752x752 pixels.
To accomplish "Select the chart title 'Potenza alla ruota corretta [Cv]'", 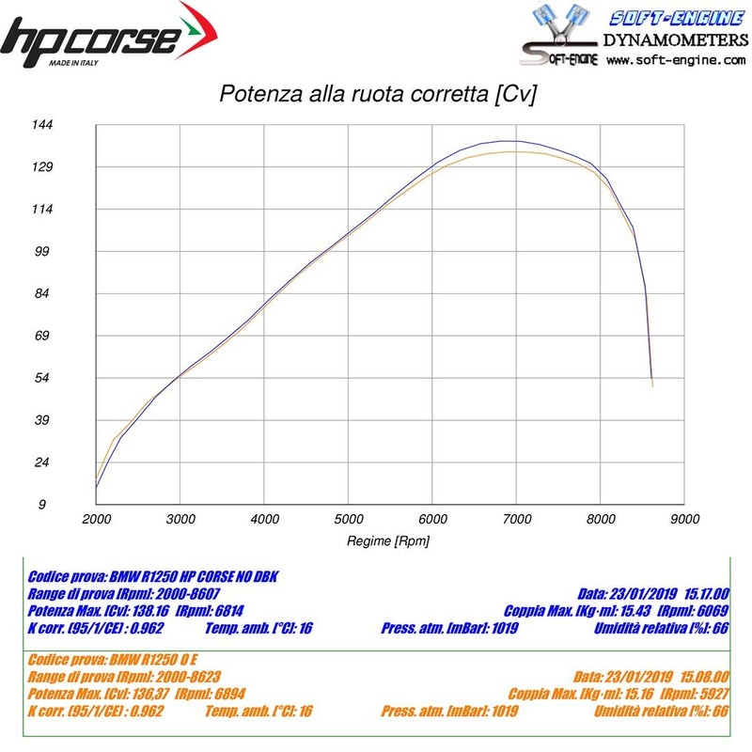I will tap(377, 95).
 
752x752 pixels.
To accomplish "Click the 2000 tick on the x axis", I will tap(96, 519).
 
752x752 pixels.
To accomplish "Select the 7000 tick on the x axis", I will tap(516, 519).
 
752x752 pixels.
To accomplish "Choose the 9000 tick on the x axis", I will tap(684, 519).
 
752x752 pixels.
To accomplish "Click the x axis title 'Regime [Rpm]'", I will tap(388, 540).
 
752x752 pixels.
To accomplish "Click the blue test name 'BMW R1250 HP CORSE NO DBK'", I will tap(195, 575).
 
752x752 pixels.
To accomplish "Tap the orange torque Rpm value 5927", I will tap(709, 693).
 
